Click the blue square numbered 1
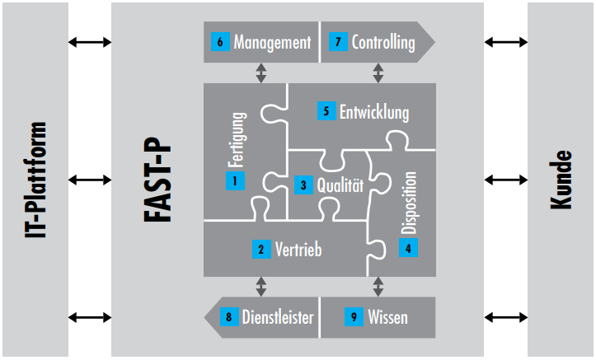pyautogui.click(x=235, y=180)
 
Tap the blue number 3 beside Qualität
pyautogui.click(x=303, y=185)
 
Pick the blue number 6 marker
pyautogui.click(x=220, y=42)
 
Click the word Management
pyautogui.click(x=272, y=42)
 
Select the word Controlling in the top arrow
pyautogui.click(x=383, y=42)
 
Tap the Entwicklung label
pyautogui.click(x=374, y=110)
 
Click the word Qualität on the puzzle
pyautogui.click(x=340, y=185)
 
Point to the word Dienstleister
pyautogui.click(x=277, y=316)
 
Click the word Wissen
pyautogui.click(x=387, y=316)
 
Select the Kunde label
pyautogui.click(x=562, y=180)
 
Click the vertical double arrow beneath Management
pyautogui.click(x=261, y=73)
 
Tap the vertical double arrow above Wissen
pyautogui.click(x=378, y=286)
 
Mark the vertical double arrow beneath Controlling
pyautogui.click(x=378, y=73)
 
